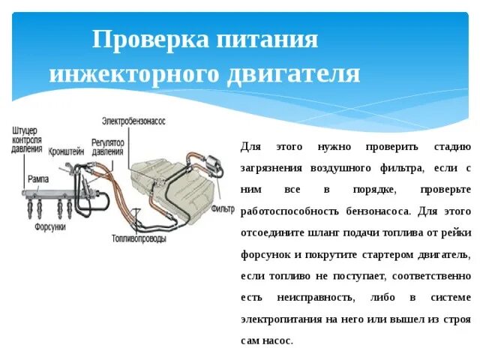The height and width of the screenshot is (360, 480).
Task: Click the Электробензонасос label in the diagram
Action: pos(133,120)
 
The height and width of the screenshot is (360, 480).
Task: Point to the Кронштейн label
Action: pos(67,150)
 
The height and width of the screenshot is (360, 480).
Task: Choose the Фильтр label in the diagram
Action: pos(223,208)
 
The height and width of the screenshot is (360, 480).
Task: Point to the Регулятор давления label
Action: pos(107,146)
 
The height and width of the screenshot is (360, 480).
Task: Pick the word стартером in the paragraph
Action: pos(383,254)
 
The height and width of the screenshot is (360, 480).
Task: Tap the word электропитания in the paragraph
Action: pos(282,319)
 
